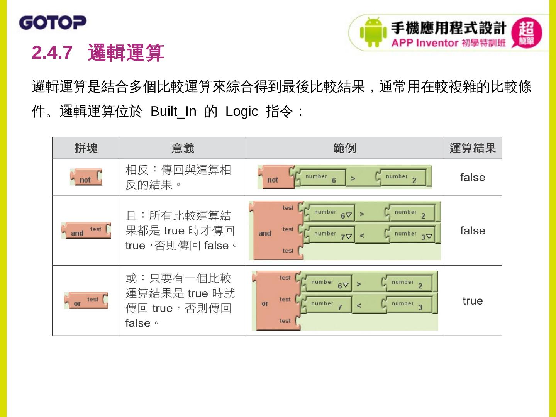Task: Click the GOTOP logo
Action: click(53, 23)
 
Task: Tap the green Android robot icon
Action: click(373, 32)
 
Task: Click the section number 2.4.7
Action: click(52, 53)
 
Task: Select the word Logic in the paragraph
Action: click(242, 112)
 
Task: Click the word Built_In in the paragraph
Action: click(173, 112)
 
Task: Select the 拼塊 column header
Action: click(86, 148)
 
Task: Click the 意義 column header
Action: click(183, 148)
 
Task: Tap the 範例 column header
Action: click(344, 148)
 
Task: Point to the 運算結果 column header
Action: click(472, 148)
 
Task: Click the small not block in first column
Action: click(86, 177)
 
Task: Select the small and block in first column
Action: click(86, 231)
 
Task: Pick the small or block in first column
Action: click(86, 301)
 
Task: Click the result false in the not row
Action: click(472, 178)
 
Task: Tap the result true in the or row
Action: click(472, 301)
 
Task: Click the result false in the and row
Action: click(472, 231)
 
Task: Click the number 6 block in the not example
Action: click(320, 178)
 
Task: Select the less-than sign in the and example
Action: click(362, 235)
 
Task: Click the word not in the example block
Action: click(273, 180)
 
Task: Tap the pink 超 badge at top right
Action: click(526, 33)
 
